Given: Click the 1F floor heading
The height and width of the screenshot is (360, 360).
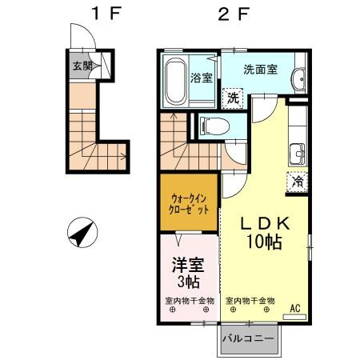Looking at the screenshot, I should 97,14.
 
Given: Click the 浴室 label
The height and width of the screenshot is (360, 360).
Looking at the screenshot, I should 202,78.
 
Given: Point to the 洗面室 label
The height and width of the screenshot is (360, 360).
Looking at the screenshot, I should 260,70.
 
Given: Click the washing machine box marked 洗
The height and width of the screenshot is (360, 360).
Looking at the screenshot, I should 231,98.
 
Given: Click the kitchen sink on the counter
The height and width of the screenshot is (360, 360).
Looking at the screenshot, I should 298,151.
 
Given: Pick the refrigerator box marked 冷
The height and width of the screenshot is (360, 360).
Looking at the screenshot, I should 297,181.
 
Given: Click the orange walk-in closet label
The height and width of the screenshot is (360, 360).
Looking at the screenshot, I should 190,203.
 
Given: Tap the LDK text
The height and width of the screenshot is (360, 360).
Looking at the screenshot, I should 263,225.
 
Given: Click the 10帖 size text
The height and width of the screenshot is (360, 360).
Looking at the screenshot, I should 263,242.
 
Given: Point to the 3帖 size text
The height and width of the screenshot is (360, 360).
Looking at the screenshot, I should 188,282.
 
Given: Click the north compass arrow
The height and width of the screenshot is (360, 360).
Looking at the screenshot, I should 82,237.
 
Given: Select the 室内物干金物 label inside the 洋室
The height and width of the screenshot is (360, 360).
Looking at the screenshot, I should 189,302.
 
